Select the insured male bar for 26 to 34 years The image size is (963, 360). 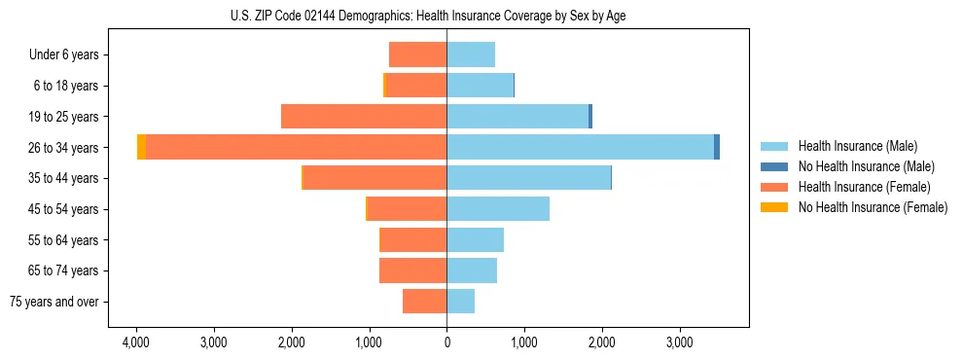580,147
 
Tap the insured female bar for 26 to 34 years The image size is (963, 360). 296,147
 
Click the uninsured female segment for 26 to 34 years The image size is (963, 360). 142,147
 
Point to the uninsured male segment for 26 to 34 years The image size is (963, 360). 717,147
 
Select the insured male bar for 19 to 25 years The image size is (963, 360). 517,117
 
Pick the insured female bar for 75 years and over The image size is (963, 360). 424,302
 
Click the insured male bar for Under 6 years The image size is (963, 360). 471,54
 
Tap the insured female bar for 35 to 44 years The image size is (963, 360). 374,178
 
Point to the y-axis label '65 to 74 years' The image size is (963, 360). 64,270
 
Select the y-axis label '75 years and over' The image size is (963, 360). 54,302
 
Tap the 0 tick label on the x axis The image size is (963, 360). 446,342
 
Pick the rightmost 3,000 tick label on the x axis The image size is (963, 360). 679,342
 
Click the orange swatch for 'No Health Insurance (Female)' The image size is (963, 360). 775,207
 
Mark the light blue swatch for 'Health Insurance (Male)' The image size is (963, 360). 775,146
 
